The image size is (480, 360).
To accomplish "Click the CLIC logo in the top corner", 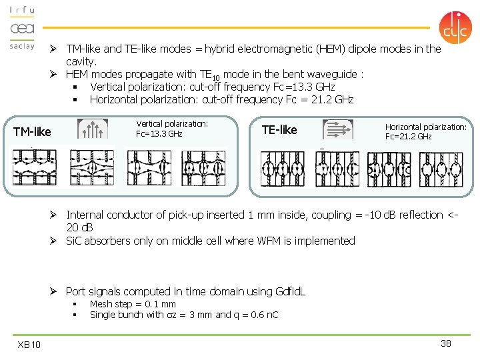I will click(455, 27).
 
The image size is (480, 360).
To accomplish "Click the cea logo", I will click(22, 29).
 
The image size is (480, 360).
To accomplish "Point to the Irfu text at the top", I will click(22, 11).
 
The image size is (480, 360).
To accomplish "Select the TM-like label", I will click(32, 132).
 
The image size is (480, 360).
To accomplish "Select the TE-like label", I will click(279, 129).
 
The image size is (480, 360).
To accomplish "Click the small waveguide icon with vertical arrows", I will click(92, 129).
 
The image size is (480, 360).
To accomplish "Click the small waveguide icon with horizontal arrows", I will click(338, 129).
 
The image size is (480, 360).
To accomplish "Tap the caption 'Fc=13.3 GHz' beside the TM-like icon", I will click(159, 134).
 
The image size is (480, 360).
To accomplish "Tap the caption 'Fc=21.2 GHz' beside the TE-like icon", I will click(408, 137).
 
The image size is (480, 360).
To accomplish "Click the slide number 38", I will click(446, 343).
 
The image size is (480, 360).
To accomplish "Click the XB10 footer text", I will click(29, 344).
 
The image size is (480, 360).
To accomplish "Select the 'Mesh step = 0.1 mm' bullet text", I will click(133, 304).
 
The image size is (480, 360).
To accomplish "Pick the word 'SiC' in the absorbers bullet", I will click(75, 241).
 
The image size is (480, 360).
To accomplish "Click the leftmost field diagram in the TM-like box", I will click(34, 167).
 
